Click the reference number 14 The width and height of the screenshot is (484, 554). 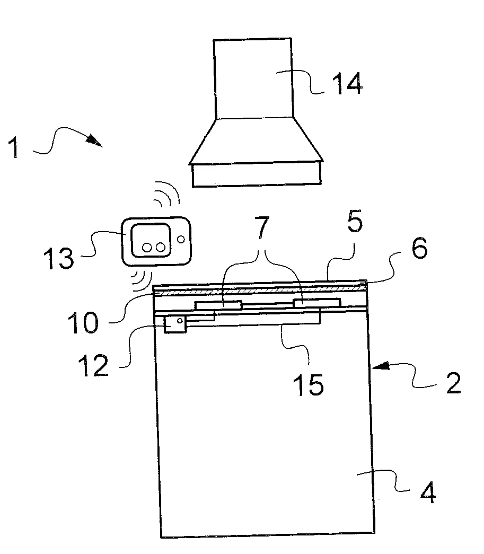coord(347,83)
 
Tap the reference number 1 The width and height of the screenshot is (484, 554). coord(14,148)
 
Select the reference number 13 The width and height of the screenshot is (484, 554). coord(59,258)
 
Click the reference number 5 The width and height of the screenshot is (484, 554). coord(355,222)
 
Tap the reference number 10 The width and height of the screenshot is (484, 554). coord(83,322)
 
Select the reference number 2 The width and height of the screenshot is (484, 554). coord(453,383)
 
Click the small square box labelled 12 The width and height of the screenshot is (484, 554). coord(175,324)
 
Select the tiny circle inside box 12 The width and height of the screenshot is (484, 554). coord(180,320)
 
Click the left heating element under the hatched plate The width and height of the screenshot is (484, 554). coord(219,305)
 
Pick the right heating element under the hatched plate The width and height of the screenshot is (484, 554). coord(317,303)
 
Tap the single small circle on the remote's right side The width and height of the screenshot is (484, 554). coord(181,240)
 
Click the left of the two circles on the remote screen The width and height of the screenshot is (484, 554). coord(147,248)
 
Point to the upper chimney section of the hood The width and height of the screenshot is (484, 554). coord(253,78)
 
